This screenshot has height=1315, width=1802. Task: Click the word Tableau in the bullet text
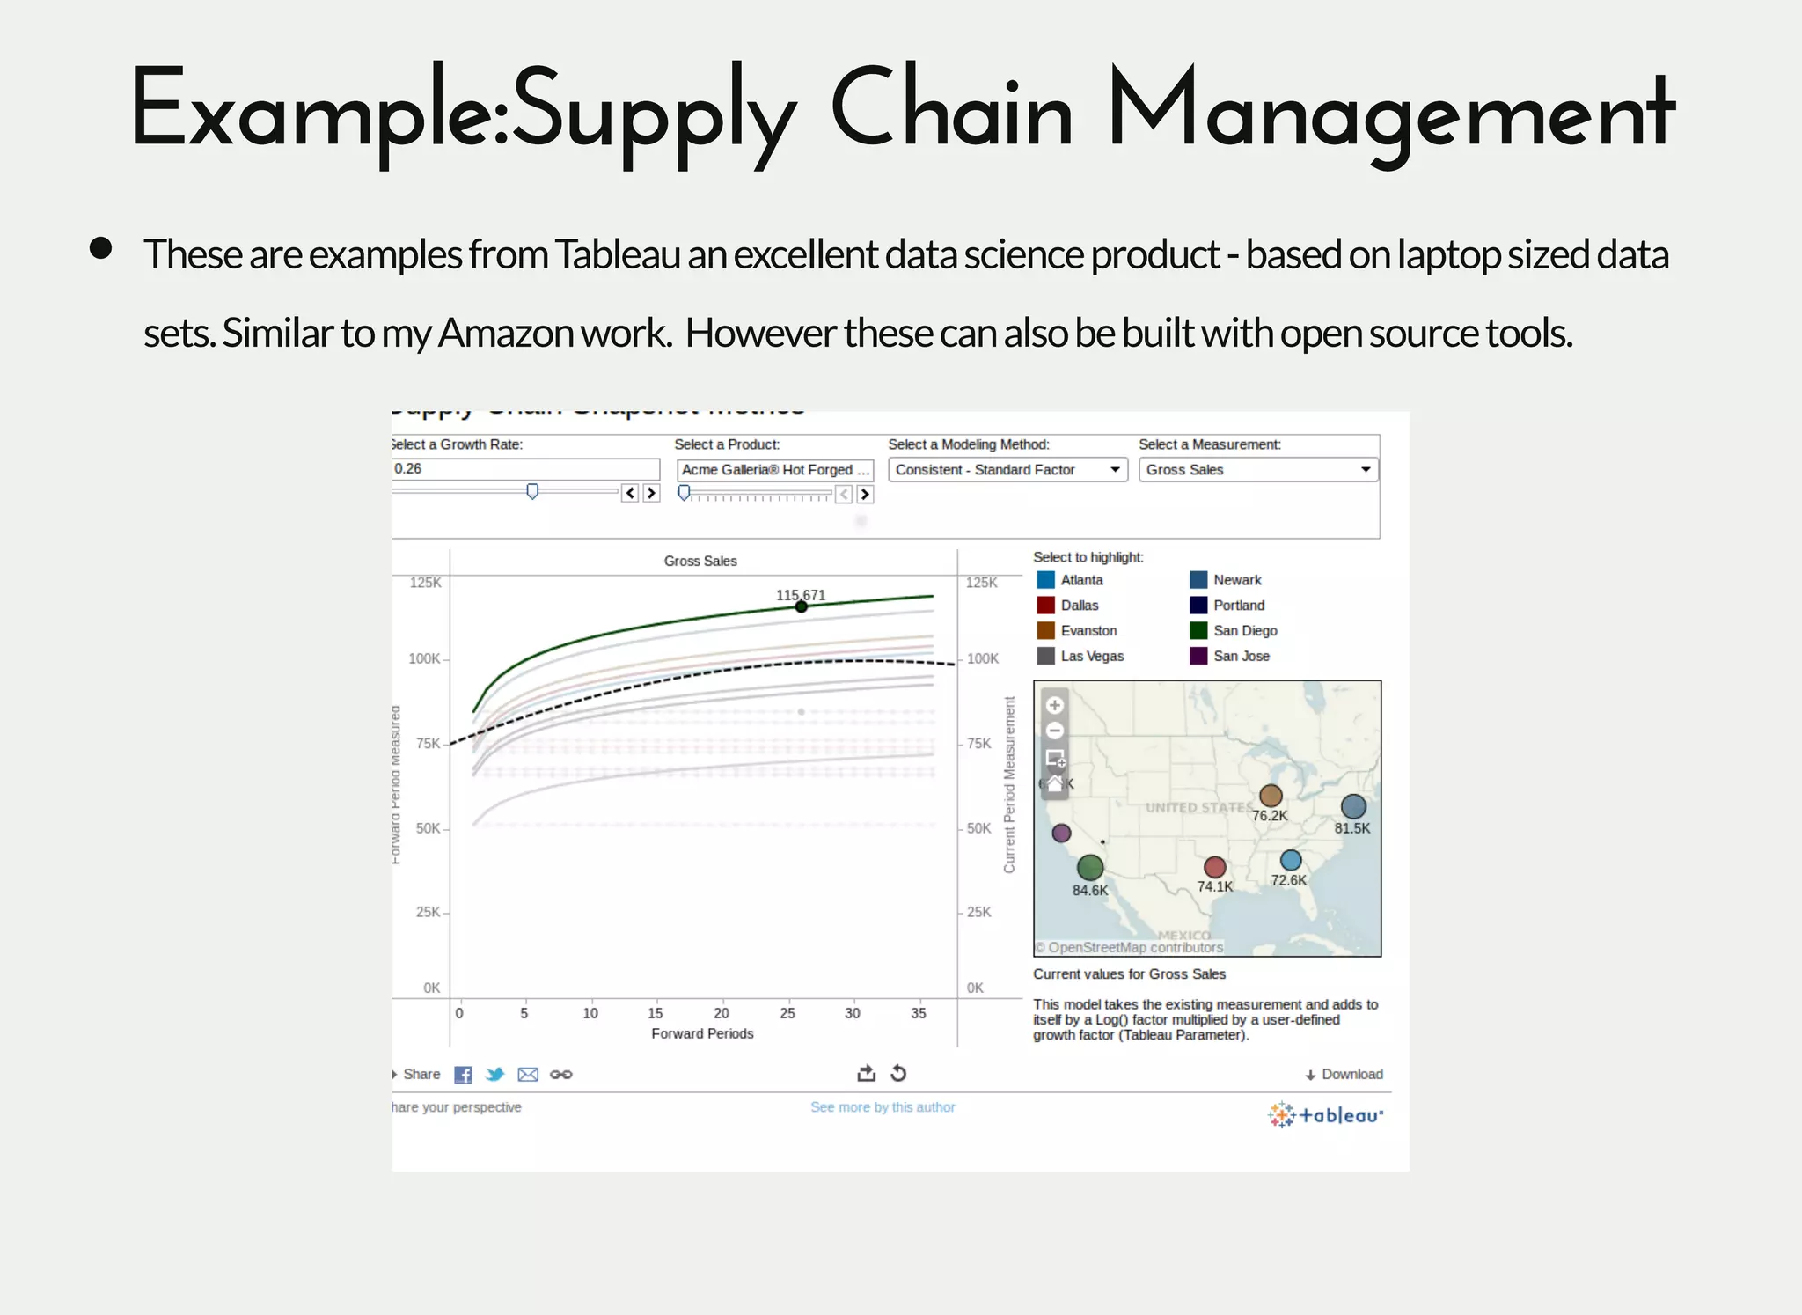click(617, 255)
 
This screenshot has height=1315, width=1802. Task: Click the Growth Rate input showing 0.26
click(525, 469)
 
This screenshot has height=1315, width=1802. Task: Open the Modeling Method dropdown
click(1007, 470)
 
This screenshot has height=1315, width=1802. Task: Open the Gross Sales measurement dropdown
click(1257, 470)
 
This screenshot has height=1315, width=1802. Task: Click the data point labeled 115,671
click(801, 606)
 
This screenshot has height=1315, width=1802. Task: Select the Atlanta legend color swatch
click(1045, 580)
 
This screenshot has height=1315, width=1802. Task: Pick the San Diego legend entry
click(1244, 631)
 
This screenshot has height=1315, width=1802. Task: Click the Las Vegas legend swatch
click(1045, 656)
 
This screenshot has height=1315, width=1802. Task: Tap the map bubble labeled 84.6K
click(1090, 868)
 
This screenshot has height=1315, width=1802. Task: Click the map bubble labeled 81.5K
click(1353, 806)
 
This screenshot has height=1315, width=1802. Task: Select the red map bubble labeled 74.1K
click(1215, 867)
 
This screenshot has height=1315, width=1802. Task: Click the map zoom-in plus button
click(1055, 705)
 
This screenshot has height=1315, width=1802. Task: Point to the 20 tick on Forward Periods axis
click(722, 1013)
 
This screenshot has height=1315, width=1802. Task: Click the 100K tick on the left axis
click(425, 658)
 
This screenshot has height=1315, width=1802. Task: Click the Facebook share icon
click(463, 1075)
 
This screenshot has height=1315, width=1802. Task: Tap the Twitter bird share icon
click(494, 1075)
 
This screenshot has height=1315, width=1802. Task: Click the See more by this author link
click(883, 1107)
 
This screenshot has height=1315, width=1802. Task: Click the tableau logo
click(1325, 1115)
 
